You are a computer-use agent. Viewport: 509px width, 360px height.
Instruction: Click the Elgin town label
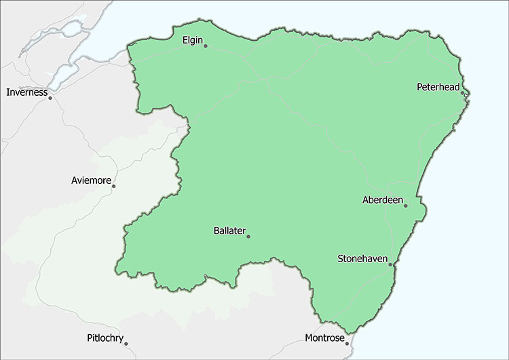193,40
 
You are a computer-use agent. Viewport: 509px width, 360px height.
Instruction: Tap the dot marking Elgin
206,46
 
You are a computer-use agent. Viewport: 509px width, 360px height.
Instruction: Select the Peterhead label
438,87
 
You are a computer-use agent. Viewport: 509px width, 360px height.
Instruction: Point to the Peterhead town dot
462,93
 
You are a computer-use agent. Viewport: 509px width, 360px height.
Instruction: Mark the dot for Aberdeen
405,206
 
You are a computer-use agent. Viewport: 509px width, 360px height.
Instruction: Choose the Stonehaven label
363,259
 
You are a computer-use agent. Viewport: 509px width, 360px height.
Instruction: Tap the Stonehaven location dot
390,265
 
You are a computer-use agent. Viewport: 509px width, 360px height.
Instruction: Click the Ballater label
229,231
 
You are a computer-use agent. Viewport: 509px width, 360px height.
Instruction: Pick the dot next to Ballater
248,236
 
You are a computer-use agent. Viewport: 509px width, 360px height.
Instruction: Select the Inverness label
27,92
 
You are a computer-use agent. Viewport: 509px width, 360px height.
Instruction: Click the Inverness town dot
50,98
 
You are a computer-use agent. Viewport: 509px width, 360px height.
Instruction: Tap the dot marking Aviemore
113,186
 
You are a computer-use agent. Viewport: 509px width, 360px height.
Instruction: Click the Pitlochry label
106,338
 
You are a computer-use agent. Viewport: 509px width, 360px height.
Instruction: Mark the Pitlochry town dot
126,344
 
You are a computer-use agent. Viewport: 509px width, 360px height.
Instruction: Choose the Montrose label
324,338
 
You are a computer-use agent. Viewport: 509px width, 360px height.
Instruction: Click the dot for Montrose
347,344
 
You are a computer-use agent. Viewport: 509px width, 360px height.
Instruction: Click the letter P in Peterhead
419,87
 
